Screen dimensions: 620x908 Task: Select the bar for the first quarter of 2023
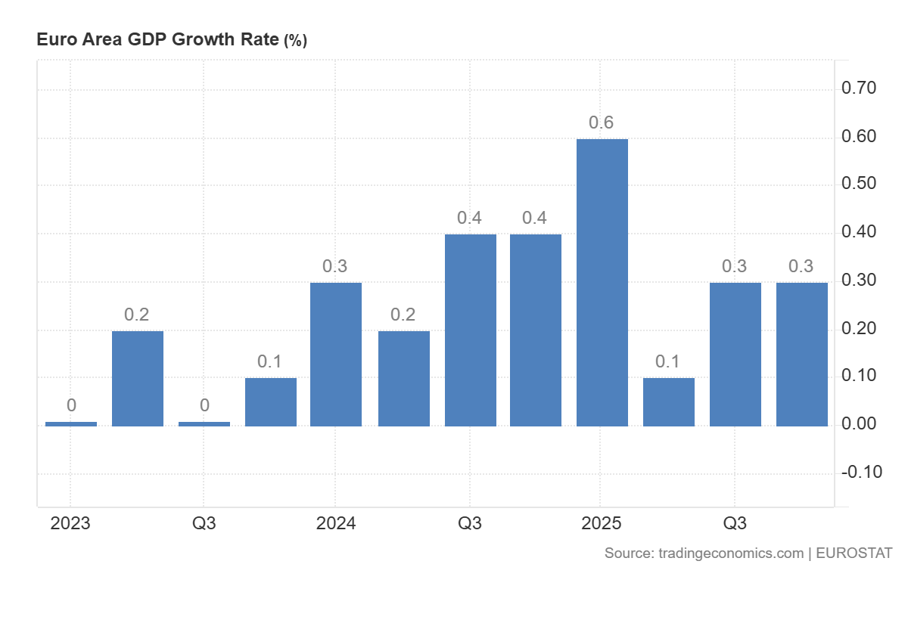point(71,423)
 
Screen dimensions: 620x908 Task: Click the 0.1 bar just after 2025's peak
point(668,401)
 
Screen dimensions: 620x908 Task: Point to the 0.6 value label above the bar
point(602,122)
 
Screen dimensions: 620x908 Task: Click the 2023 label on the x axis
point(70,523)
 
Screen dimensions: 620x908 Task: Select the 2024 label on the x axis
point(336,523)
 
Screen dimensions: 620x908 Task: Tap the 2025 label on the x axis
point(602,523)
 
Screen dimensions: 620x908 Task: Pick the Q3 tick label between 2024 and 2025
point(470,523)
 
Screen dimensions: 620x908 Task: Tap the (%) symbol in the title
point(295,41)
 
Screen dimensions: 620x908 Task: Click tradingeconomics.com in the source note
point(730,553)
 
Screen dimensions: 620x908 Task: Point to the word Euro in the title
point(53,40)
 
